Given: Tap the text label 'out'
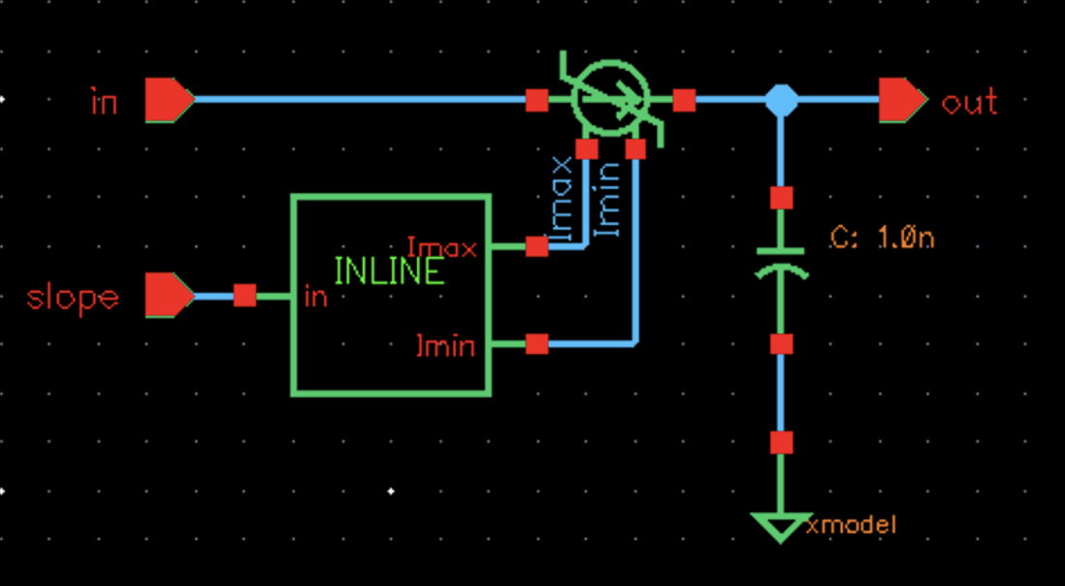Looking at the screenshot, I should coord(969,102).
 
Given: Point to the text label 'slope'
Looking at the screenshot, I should coord(73,297).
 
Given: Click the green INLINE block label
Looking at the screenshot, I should coord(389,271).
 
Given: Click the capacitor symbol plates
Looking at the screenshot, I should coord(781,262).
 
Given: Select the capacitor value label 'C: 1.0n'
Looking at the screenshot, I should coord(882,238).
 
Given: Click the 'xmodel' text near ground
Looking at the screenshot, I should coord(851,525).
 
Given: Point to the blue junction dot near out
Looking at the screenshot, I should coord(781,100).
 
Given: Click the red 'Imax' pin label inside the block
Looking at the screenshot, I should coord(442,247).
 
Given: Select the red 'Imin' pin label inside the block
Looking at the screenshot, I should coord(445,344).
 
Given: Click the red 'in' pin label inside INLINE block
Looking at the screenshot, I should coord(315,297).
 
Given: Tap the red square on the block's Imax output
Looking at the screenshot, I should coord(536,246).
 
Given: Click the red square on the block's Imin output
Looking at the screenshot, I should coord(536,343).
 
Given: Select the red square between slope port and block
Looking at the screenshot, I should coord(244,295).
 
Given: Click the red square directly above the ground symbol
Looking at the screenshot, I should coord(781,443).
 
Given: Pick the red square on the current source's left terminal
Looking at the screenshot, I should coord(536,99).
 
